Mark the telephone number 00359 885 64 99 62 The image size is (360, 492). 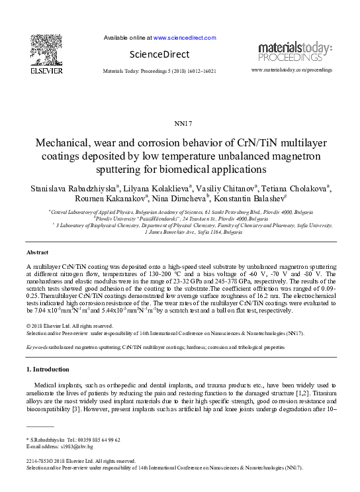click(97, 440)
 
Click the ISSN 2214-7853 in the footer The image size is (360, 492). click(40, 461)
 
